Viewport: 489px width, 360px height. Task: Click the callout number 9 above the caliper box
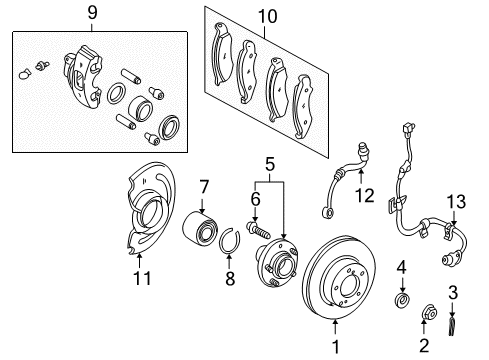tap(92, 13)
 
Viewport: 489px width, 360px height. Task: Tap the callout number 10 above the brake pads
tap(268, 16)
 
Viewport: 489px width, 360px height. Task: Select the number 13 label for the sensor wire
tap(456, 202)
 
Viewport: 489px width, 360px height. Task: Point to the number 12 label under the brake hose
tap(365, 196)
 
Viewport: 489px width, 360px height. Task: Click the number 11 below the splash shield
tap(142, 278)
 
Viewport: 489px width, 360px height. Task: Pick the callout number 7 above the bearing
tap(204, 187)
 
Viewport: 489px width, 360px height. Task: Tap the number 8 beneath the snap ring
tap(230, 278)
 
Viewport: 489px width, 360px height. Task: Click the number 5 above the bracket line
tap(270, 164)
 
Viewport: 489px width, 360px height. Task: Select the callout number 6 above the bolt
tap(255, 199)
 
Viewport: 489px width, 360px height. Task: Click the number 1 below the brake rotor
tap(336, 347)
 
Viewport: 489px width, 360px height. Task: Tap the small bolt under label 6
tap(257, 231)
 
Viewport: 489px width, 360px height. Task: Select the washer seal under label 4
tap(402, 299)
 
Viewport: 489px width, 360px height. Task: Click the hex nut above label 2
tap(429, 312)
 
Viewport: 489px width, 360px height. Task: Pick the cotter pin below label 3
tap(452, 327)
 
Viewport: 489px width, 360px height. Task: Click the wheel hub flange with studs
tap(276, 262)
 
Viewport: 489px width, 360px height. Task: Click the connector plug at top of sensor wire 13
tap(409, 129)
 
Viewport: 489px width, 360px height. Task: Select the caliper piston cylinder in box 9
tap(140, 108)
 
